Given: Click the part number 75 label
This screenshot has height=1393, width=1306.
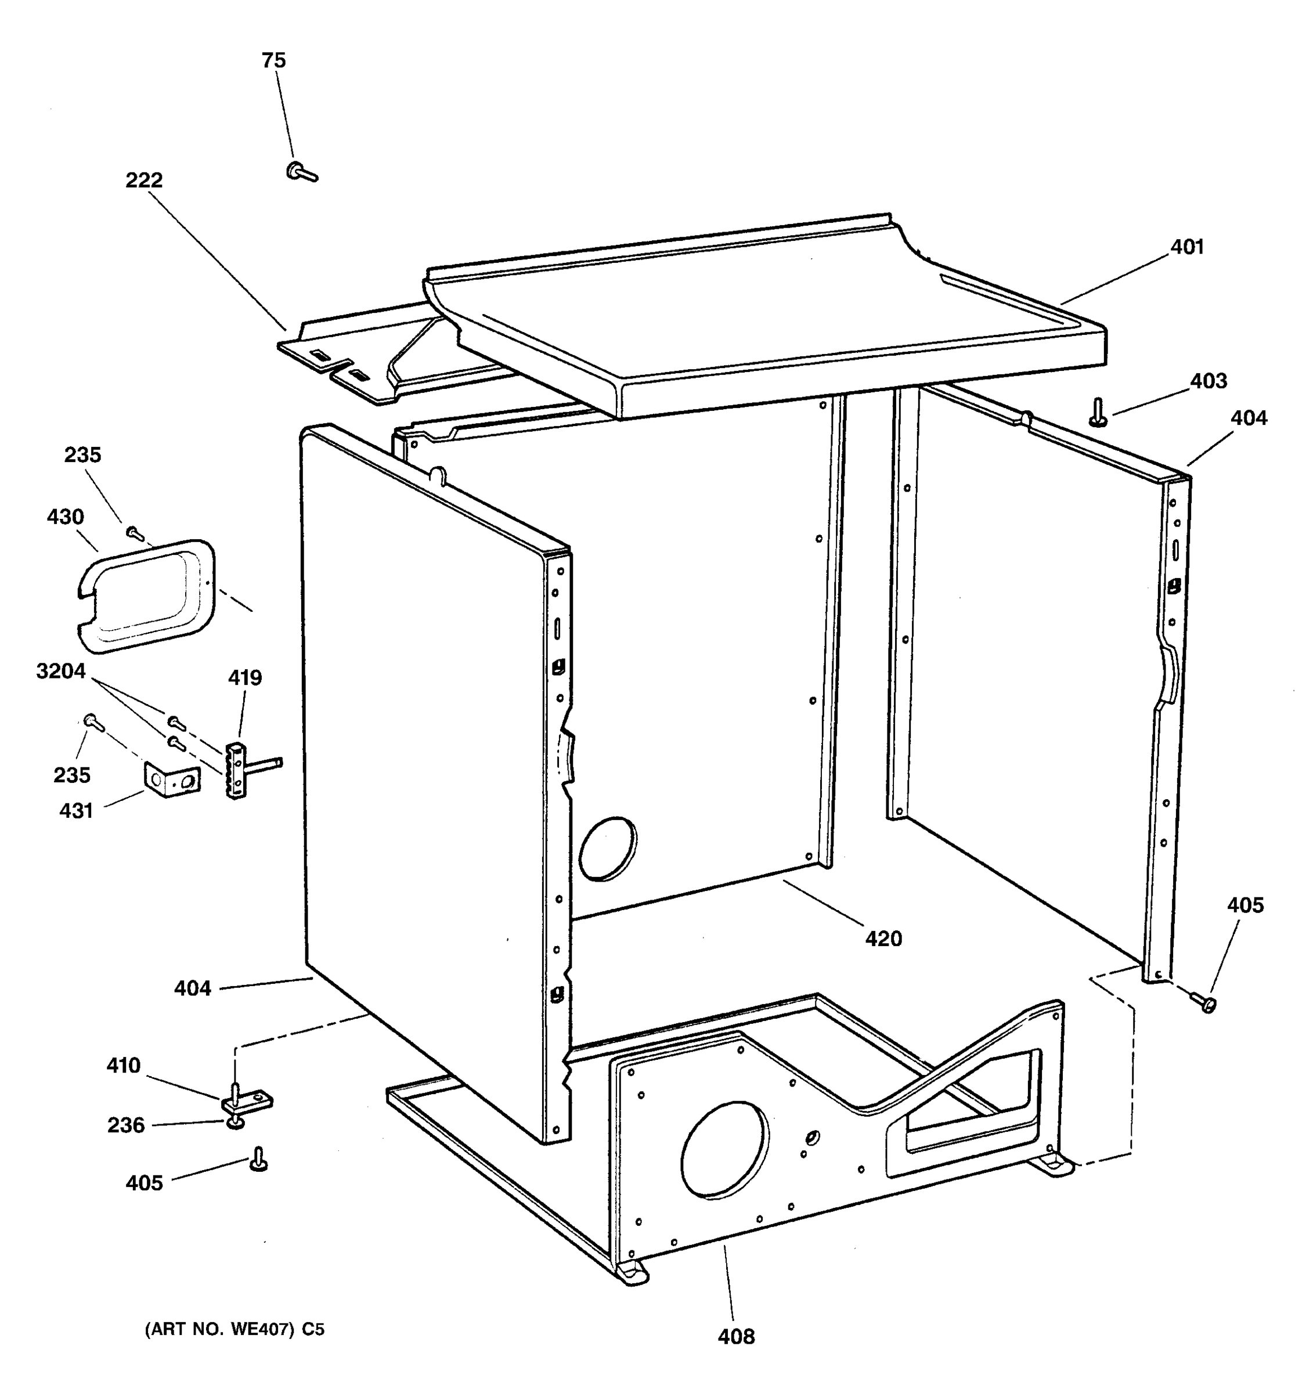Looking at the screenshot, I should [274, 61].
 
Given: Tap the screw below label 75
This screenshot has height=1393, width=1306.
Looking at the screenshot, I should [301, 171].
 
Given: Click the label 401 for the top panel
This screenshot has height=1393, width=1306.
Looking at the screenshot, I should [1187, 247].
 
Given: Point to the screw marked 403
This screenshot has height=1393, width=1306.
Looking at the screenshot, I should [1098, 413].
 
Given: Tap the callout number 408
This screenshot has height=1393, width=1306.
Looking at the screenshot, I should [737, 1337].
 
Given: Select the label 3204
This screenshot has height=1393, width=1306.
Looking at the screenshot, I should [61, 672].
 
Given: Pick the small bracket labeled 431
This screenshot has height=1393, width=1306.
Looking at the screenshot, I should [172, 780].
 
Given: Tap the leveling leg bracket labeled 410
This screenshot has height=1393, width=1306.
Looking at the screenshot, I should [247, 1103].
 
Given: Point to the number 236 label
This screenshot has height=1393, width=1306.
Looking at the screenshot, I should [125, 1125].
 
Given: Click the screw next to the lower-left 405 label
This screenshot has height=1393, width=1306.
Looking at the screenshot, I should [258, 1160].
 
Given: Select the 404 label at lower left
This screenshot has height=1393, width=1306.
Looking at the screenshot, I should [192, 988].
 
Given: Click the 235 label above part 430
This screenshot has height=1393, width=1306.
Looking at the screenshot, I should [82, 456].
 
